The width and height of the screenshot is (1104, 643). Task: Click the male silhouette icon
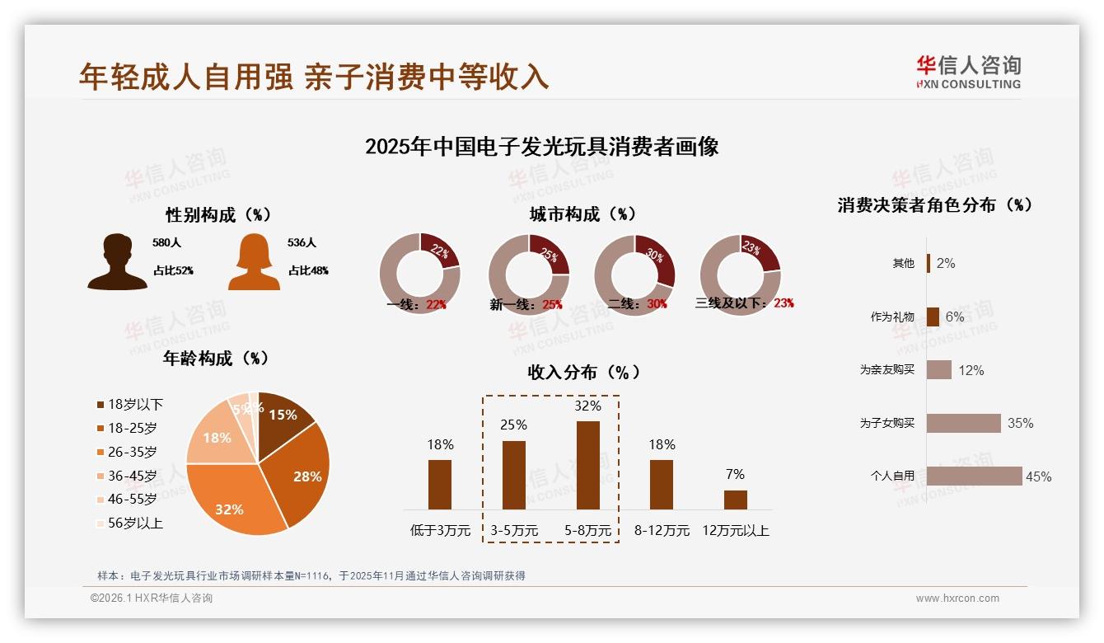click(118, 262)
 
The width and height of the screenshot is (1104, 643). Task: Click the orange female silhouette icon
click(254, 262)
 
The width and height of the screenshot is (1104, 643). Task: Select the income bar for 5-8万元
click(587, 465)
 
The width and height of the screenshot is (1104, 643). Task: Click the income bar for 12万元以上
click(736, 500)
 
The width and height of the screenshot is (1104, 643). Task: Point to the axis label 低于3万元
click(440, 530)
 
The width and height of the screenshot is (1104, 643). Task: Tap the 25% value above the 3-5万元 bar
click(513, 425)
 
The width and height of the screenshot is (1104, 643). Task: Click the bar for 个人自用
click(974, 476)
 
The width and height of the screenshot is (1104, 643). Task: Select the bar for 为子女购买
click(963, 423)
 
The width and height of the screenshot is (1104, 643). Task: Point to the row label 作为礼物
click(892, 317)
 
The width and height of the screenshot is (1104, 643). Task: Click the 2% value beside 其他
click(945, 263)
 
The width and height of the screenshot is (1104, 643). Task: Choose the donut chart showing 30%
click(634, 274)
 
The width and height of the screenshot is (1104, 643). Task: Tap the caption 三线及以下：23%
click(745, 303)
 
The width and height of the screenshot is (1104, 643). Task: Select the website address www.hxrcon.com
click(957, 598)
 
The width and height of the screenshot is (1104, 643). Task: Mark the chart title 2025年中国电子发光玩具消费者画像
click(541, 147)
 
